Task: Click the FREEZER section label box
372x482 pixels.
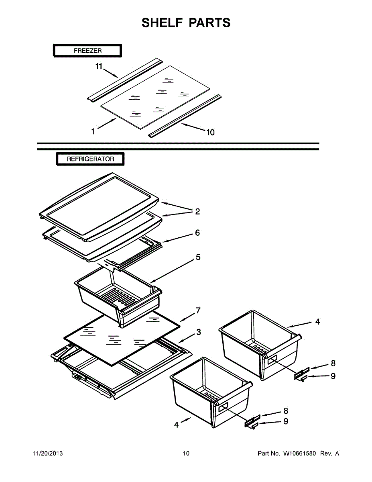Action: tap(87, 51)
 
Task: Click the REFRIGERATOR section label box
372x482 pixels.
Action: tap(90, 159)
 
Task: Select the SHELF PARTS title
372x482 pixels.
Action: tap(186, 22)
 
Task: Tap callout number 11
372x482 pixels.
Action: tap(99, 67)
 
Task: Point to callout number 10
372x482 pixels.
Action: tap(210, 133)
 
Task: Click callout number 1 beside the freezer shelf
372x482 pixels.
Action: tap(93, 131)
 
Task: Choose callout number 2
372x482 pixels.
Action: tap(197, 211)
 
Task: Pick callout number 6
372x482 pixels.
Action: tap(197, 233)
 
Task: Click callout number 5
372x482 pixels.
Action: tap(198, 257)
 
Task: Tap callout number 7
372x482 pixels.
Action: tap(198, 310)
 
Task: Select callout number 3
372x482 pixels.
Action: tap(199, 332)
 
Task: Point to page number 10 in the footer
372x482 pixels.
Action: tap(186, 453)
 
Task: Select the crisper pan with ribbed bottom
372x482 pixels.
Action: tap(116, 299)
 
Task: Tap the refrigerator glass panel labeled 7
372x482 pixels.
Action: tap(120, 337)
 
